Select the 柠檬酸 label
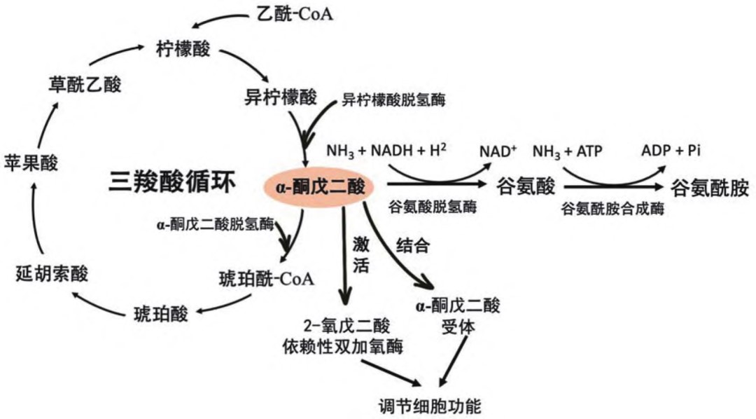(184, 50)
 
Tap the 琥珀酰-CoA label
(266, 277)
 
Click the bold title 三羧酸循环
(173, 182)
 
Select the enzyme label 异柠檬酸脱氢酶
(393, 99)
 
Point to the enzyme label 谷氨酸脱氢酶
(432, 207)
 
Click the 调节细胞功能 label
(428, 405)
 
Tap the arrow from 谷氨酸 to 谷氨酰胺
(612, 188)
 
